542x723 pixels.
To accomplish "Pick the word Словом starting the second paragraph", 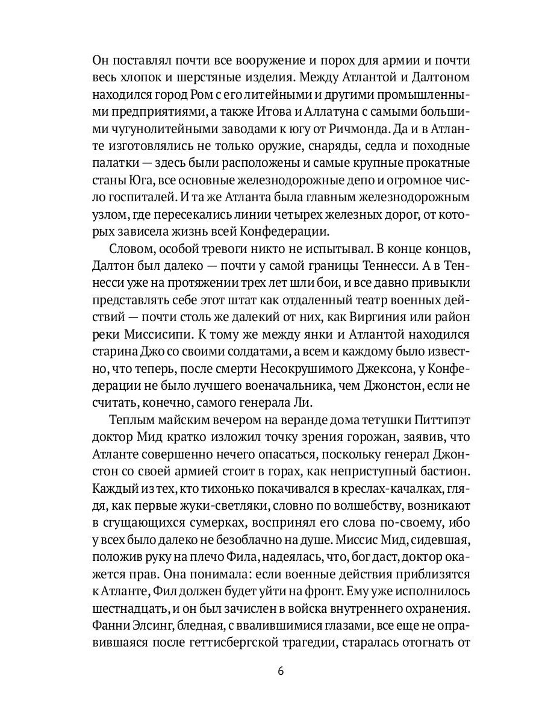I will [x=129, y=249].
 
